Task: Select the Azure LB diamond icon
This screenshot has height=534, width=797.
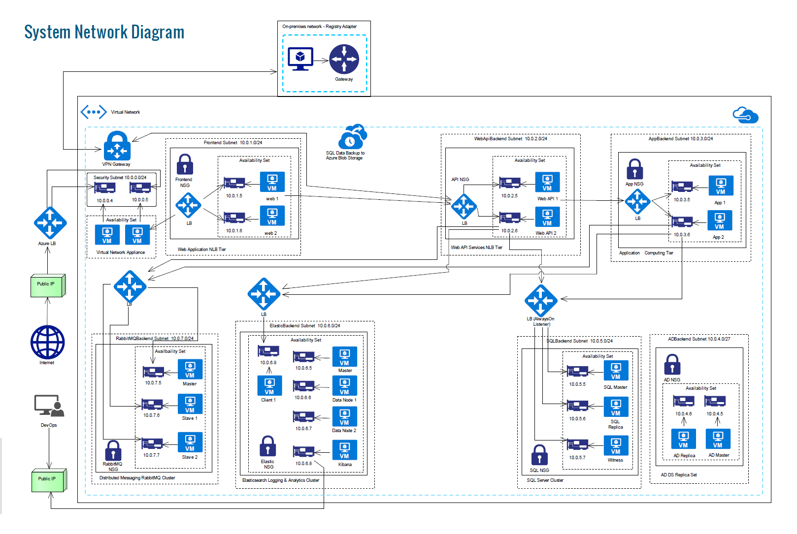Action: [x=50, y=223]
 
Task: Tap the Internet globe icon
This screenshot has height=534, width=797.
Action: [x=47, y=342]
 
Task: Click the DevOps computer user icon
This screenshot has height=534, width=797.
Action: [x=49, y=406]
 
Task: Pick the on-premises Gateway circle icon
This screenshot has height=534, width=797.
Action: [x=344, y=59]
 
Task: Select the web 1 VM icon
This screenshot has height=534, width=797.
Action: [x=272, y=182]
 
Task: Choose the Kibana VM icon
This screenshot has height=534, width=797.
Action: [x=344, y=450]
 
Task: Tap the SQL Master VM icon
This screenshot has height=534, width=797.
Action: [x=616, y=371]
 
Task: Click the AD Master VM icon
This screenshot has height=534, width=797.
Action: [x=718, y=439]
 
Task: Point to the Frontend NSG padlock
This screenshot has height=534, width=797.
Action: [x=185, y=164]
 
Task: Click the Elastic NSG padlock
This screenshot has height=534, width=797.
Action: [x=268, y=446]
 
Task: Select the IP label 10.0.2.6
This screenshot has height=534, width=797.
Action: [x=509, y=231]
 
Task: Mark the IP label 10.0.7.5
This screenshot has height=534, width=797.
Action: [x=153, y=383]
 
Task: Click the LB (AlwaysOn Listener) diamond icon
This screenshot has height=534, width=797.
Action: [x=541, y=300]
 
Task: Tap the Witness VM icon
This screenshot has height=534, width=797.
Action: [x=616, y=445]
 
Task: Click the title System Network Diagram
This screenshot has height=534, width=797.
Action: [x=104, y=32]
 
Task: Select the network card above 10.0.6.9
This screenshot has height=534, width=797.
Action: [x=268, y=351]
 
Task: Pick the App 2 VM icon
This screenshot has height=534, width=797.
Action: [x=720, y=220]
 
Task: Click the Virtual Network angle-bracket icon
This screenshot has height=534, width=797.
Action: [x=94, y=112]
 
